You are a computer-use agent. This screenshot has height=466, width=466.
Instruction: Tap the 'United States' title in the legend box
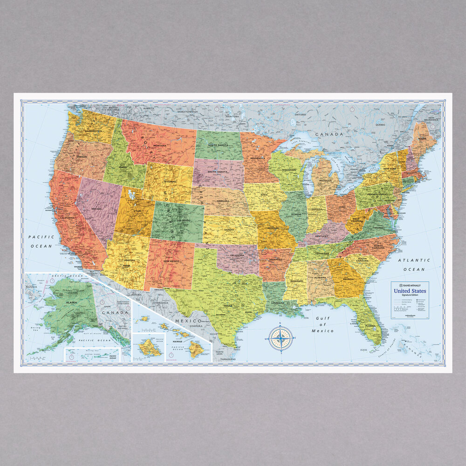(410, 291)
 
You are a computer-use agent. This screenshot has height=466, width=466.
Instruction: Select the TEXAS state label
(227, 306)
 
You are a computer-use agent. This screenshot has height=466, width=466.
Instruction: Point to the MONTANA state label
(160, 146)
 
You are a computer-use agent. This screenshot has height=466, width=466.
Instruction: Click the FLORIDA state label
(370, 326)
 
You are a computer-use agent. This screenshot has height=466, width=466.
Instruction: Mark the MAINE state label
(422, 138)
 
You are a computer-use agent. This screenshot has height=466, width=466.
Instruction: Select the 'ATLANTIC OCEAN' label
(414, 265)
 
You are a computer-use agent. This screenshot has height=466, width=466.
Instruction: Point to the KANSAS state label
(229, 230)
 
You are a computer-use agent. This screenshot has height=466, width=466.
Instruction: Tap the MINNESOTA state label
(259, 158)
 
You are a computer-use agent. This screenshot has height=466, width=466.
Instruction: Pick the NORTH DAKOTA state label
(218, 144)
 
